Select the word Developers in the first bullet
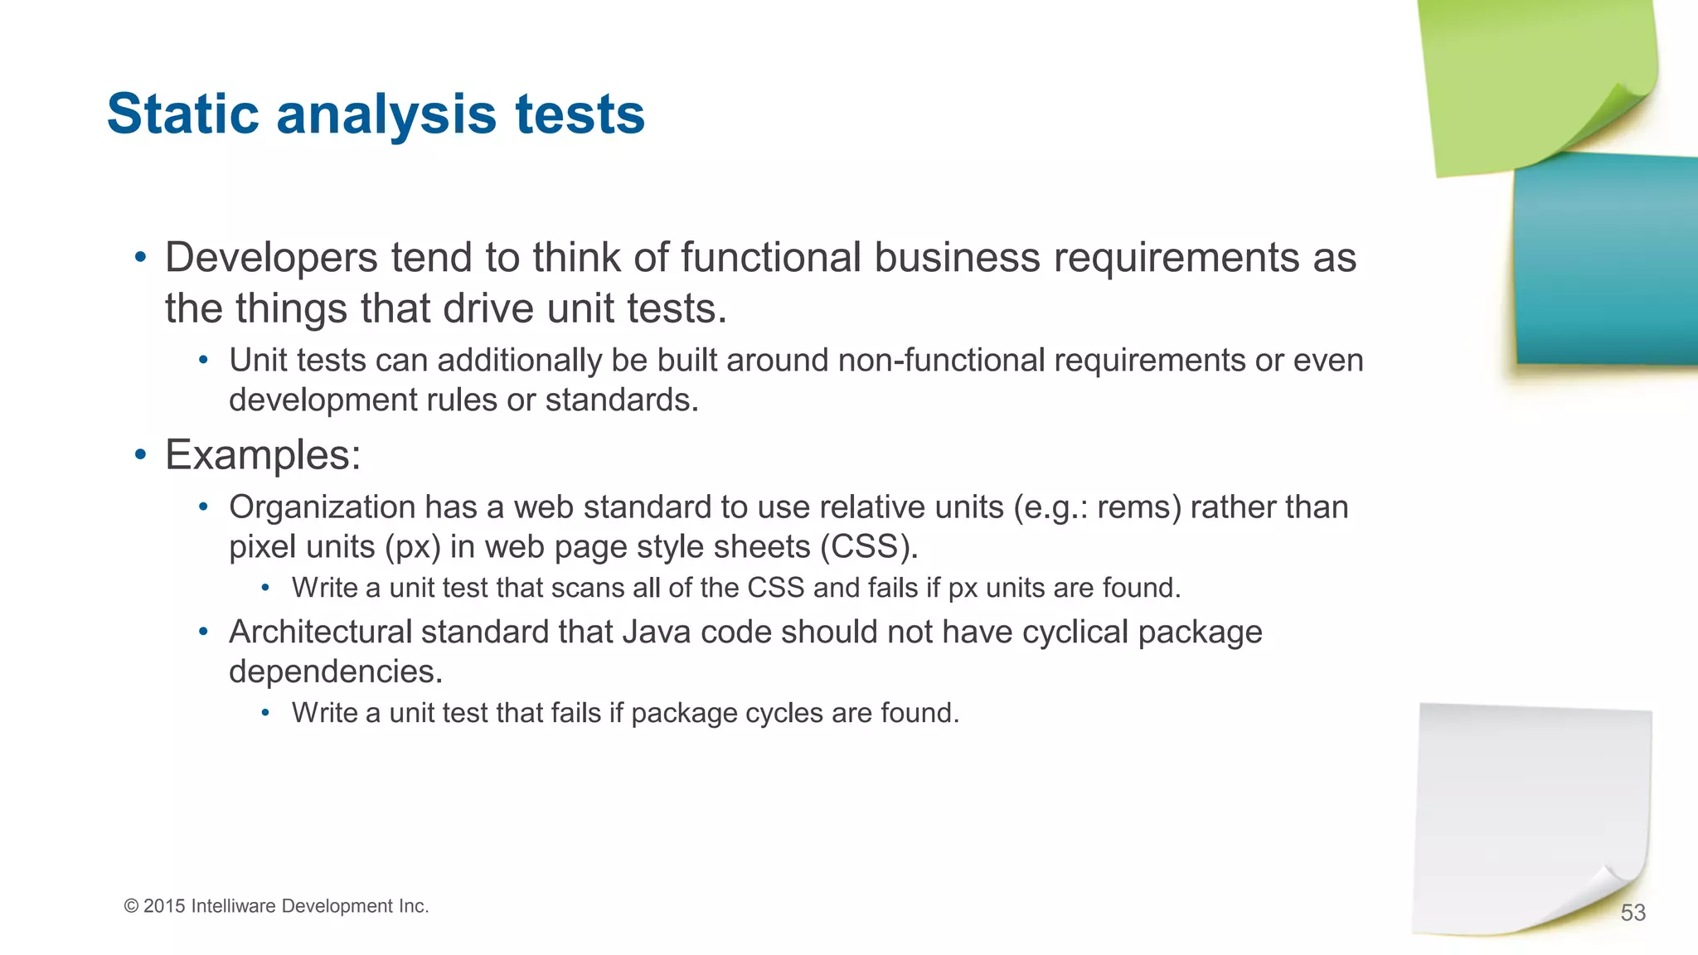click(272, 258)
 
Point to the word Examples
click(263, 455)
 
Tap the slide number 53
click(1633, 913)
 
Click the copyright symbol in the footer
click(131, 906)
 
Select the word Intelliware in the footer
click(233, 906)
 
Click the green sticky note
click(1534, 75)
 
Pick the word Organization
click(322, 507)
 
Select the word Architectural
click(320, 633)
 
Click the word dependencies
click(335, 671)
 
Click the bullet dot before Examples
click(141, 455)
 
